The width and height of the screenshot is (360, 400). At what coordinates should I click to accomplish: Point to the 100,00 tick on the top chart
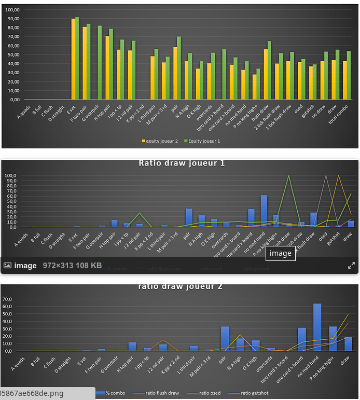11,10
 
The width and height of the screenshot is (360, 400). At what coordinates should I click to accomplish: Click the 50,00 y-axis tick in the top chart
12,54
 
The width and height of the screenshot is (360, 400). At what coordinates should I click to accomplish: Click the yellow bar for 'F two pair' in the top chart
85,63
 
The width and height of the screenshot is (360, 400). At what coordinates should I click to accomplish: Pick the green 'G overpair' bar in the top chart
100,62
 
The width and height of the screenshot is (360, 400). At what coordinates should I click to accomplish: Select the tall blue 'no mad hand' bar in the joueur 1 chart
264,211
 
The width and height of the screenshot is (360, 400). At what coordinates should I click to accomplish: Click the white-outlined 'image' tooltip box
281,253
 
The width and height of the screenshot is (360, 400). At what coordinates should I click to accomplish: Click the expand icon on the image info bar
351,265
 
